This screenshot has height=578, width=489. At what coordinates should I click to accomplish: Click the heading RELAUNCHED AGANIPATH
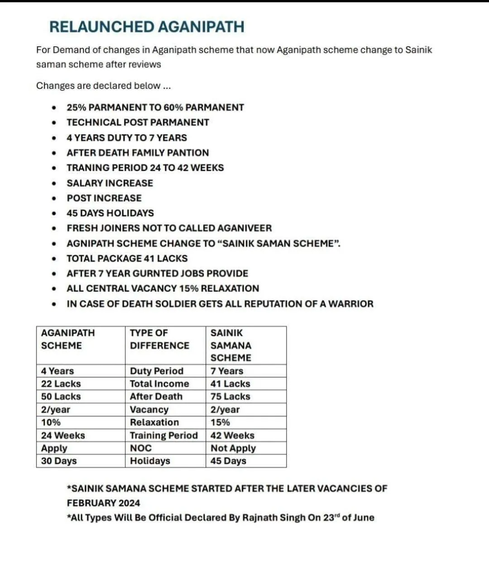point(147,27)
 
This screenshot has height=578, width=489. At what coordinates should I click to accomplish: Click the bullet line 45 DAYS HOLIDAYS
point(110,213)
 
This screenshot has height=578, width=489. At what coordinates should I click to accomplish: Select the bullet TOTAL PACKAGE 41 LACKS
point(127,258)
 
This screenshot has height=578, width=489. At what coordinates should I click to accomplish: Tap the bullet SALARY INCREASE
point(110,183)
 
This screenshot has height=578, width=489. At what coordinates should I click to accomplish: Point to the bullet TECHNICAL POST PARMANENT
point(138,122)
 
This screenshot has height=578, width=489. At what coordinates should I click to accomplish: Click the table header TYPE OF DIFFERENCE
point(159,339)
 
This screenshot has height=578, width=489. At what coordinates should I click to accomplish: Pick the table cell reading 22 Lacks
point(61,384)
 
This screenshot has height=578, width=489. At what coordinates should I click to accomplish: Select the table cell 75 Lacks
point(230,396)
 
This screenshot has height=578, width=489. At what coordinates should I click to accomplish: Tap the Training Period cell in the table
point(163,435)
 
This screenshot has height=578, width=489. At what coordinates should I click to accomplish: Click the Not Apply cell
point(233,448)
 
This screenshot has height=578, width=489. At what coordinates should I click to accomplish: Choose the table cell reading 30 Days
point(59,461)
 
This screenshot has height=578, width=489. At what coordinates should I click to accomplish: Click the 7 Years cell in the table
point(226,371)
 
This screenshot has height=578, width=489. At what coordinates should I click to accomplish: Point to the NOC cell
point(141,448)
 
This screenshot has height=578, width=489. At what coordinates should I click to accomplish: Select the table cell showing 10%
point(51,422)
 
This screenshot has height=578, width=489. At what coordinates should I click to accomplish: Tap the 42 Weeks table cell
point(232,435)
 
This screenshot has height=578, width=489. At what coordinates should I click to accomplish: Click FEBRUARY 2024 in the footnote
point(103,503)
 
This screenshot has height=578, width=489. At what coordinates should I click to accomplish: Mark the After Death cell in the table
point(156,396)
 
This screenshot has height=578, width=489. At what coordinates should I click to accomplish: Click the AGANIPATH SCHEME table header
point(68,339)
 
